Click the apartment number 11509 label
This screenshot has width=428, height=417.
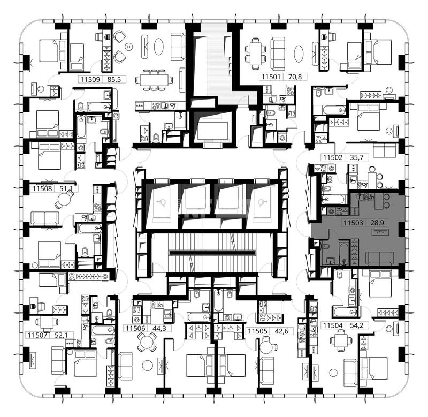coord(90,79)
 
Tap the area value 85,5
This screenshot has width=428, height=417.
coord(114,79)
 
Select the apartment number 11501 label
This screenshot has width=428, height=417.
coord(271,77)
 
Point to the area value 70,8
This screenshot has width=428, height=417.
coord(295,77)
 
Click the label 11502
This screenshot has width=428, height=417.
coord(333,157)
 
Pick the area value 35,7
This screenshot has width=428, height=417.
coord(357,157)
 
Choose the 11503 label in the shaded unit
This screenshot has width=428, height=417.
coord(353,223)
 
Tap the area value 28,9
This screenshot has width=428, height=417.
coord(377,223)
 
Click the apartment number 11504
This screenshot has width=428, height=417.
coord(333,325)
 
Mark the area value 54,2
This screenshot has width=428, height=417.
coord(357,325)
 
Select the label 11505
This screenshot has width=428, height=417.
coord(257,331)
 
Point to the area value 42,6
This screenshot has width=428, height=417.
coord(281,331)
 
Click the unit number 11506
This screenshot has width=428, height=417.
coord(135,328)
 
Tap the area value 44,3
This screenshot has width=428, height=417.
coord(159,328)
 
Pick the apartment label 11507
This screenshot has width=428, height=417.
coord(37,335)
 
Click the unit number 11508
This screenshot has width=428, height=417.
coord(42,188)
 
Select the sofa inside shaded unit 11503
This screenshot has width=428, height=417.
coord(380,259)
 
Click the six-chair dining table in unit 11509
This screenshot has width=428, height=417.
coord(154,80)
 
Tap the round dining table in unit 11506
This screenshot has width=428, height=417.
coord(147,342)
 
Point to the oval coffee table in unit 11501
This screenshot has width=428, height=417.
coord(299,54)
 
